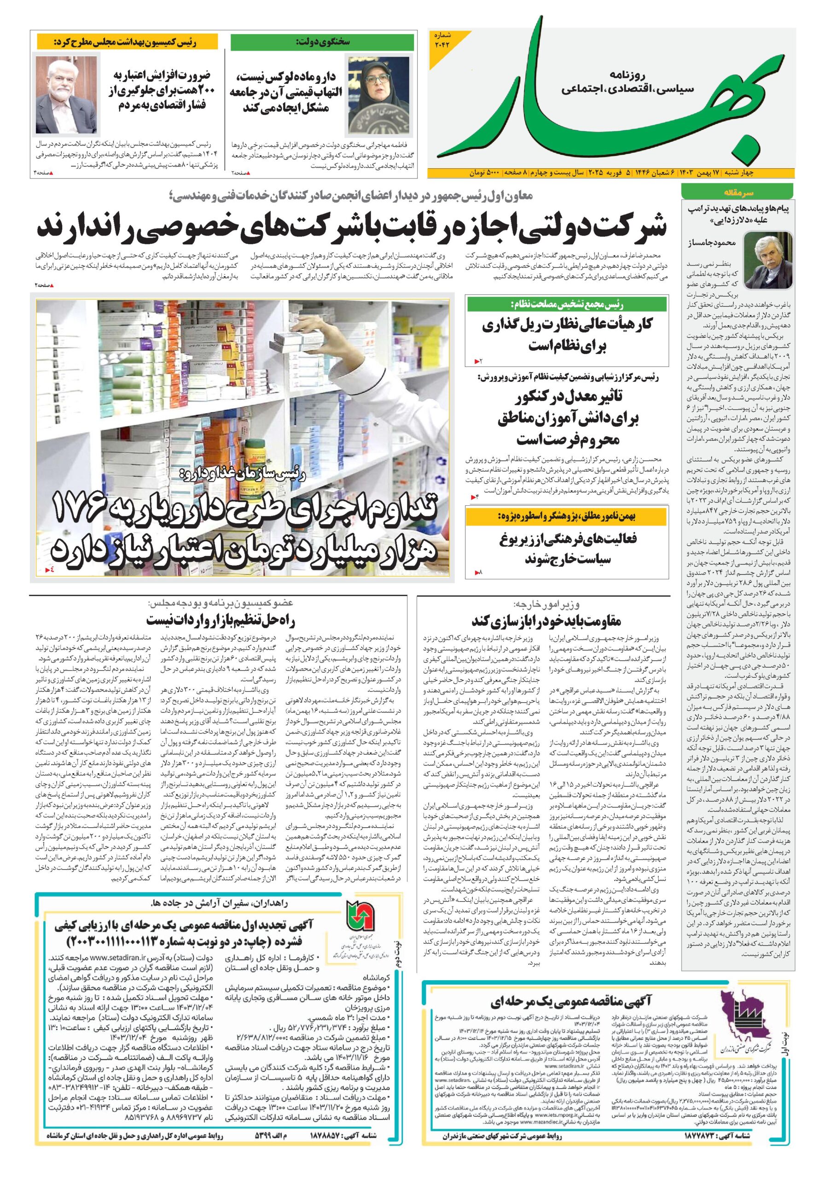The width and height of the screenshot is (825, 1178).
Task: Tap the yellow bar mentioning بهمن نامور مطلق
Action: [567, 517]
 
